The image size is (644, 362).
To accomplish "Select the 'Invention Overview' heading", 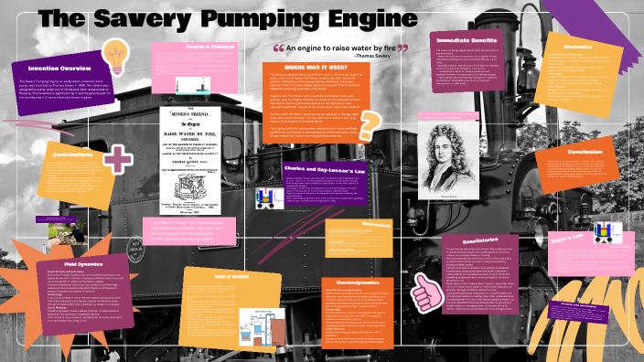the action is click(x=52, y=67).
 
